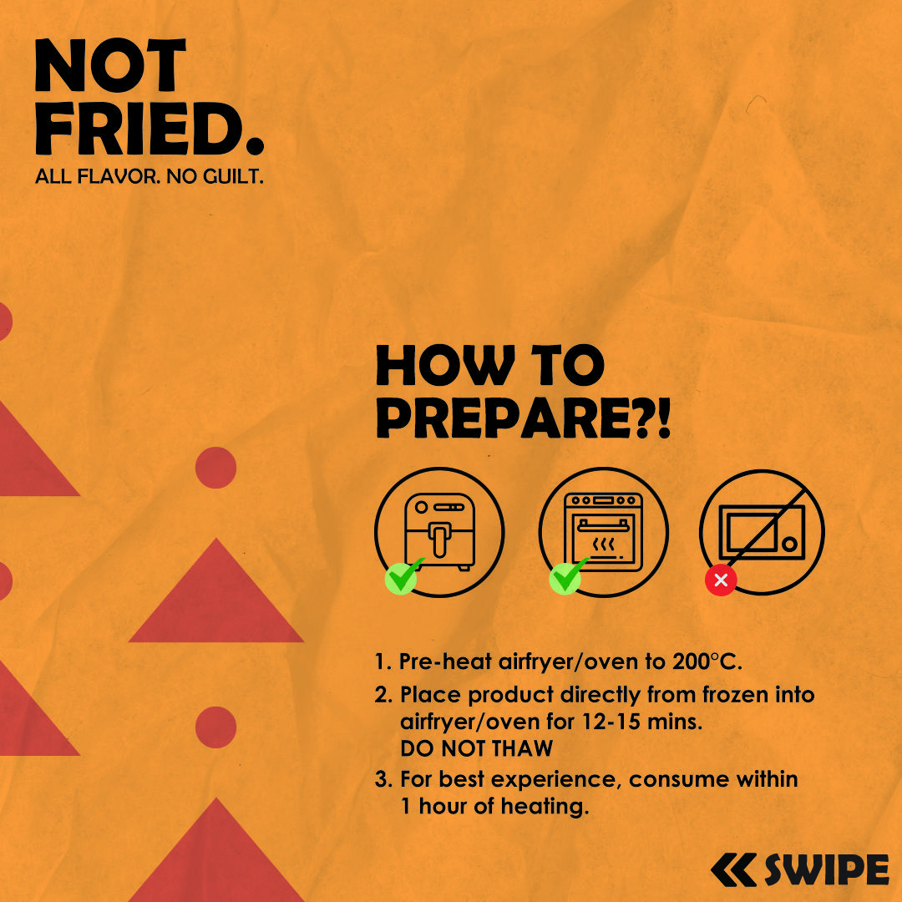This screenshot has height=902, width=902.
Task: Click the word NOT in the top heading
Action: pos(110,65)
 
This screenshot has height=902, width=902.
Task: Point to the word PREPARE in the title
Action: pos(505,418)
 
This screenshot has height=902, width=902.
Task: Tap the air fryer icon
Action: pos(439,531)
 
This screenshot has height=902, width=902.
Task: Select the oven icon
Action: pos(604,531)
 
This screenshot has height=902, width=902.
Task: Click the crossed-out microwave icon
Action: pos(762,532)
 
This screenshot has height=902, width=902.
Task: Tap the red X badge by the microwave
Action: pos(721,580)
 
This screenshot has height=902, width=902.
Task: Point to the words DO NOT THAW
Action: pos(476,748)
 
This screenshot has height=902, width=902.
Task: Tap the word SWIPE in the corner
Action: pos(827,869)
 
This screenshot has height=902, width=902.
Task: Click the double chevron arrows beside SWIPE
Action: pos(733,869)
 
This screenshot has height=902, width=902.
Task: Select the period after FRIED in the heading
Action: pos(255,144)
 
